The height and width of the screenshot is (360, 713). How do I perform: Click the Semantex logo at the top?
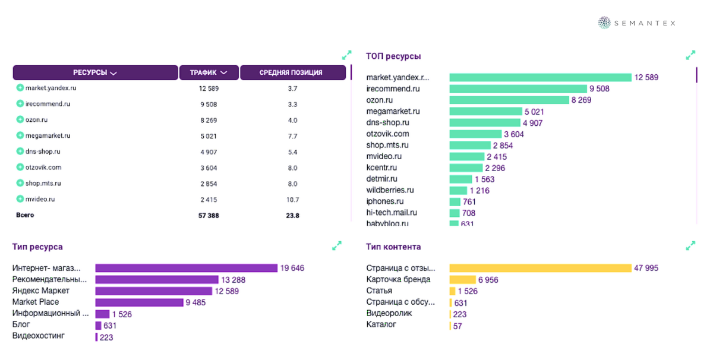(x=637, y=23)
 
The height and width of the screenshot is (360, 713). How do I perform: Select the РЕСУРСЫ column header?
(x=95, y=72)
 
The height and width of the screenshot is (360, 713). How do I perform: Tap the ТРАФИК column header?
(x=209, y=72)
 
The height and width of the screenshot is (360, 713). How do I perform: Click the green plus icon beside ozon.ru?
(x=20, y=119)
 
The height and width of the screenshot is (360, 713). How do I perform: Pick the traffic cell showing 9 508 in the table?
(x=209, y=104)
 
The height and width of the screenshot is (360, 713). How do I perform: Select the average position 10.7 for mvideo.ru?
(x=292, y=200)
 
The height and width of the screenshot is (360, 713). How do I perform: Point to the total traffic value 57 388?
(x=209, y=216)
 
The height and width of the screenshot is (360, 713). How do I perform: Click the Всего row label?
(x=25, y=215)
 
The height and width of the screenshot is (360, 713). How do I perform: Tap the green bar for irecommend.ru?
(x=518, y=89)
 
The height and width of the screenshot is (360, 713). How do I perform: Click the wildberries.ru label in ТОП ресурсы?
(x=390, y=190)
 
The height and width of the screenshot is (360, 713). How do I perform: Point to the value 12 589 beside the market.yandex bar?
(x=646, y=78)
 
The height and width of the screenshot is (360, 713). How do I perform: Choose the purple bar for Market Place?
(x=139, y=302)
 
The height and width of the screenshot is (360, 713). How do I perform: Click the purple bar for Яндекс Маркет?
(x=153, y=291)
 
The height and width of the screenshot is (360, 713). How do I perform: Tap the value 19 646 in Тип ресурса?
(x=292, y=269)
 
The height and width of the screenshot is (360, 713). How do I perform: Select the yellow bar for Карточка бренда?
(x=462, y=280)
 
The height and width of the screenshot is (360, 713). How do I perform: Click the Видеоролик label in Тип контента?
(x=389, y=313)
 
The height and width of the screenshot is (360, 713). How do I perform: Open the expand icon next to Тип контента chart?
(x=690, y=245)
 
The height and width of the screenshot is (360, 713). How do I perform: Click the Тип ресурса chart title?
(x=37, y=247)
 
